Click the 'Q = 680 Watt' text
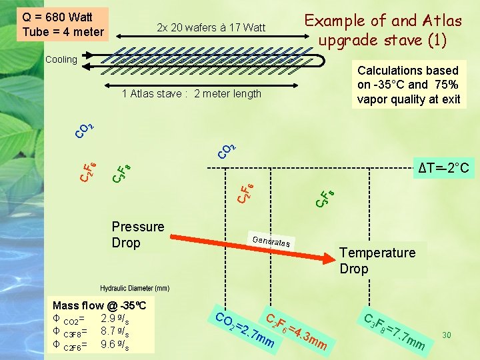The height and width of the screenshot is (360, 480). (x=57, y=17)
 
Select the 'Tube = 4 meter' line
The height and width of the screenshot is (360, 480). (x=63, y=32)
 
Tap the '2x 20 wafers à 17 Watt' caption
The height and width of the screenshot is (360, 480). (x=211, y=28)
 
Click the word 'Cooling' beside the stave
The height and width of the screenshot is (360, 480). (x=61, y=59)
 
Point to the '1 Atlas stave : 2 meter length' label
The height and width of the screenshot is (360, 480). (x=191, y=94)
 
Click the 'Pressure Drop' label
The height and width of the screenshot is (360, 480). (x=138, y=235)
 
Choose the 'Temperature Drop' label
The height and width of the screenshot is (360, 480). (x=377, y=261)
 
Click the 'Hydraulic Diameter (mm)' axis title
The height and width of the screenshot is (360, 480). (x=135, y=289)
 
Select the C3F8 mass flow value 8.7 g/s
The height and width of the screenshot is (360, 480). (x=115, y=331)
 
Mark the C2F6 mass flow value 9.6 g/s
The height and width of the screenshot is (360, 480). (x=115, y=345)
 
